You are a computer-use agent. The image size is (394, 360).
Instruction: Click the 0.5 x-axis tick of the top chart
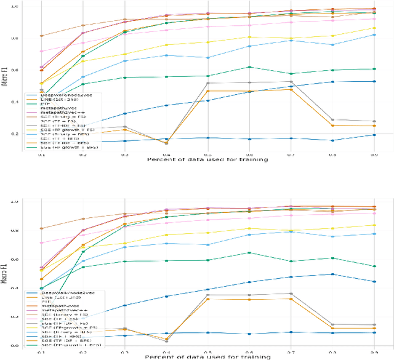[x=207, y=155]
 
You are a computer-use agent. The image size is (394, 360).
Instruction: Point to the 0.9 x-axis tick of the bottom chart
[x=373, y=346]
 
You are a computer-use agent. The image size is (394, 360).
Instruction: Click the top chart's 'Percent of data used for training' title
[x=207, y=160]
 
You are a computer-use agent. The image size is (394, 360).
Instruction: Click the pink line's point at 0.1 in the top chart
[x=41, y=51]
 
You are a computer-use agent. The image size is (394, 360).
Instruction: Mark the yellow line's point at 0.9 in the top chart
[x=373, y=28]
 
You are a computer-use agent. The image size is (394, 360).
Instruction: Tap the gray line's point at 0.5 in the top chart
[x=207, y=83]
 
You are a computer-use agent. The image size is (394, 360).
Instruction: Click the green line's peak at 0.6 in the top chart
[x=249, y=66]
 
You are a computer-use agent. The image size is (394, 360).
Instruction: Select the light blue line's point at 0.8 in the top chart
[x=332, y=44]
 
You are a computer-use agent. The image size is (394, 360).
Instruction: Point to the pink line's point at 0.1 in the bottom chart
[x=41, y=242]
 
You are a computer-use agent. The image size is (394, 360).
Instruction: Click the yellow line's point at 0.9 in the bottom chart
[x=373, y=225]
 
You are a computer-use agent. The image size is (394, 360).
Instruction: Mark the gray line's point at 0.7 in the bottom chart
[x=291, y=294]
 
